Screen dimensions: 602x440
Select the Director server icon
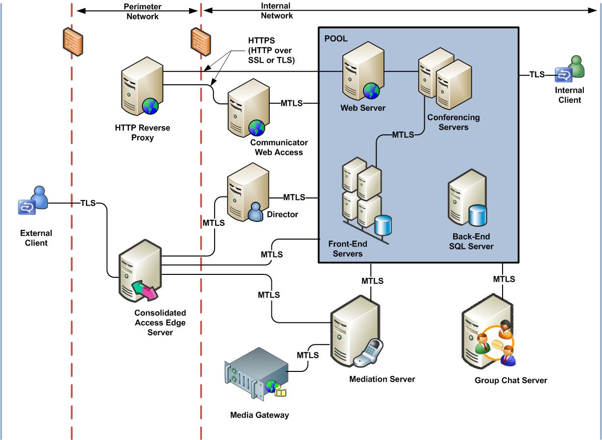click(248, 192)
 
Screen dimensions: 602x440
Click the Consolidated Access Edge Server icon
click(140, 270)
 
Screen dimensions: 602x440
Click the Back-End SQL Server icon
click(467, 198)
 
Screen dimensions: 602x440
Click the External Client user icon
click(33, 200)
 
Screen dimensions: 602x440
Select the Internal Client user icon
click(570, 69)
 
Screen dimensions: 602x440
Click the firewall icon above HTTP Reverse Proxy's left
click(73, 42)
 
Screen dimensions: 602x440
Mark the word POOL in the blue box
click(336, 39)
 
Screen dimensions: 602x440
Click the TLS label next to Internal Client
click(537, 74)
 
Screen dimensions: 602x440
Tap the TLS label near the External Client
click(88, 203)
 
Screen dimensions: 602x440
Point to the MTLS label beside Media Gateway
click(308, 355)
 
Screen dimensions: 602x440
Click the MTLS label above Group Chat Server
click(504, 279)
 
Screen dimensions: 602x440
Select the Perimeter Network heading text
click(143, 11)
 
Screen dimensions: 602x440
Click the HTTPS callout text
click(271, 50)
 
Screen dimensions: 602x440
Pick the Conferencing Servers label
click(454, 122)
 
